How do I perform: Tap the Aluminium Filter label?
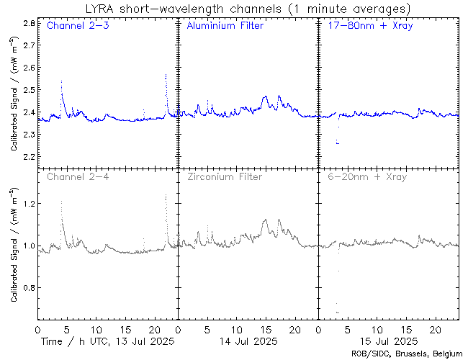pos(225,26)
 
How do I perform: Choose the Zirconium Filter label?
pos(224,176)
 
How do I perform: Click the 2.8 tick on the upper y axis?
pos(29,24)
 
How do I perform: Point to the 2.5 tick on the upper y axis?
pos(29,90)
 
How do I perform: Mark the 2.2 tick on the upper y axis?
pos(29,156)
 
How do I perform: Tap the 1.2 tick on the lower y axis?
pos(29,204)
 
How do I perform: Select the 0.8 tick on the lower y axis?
pos(29,288)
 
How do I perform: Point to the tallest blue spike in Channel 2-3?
pos(166,74)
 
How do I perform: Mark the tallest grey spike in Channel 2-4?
pos(166,193)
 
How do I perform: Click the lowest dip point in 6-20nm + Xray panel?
pos(338,312)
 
